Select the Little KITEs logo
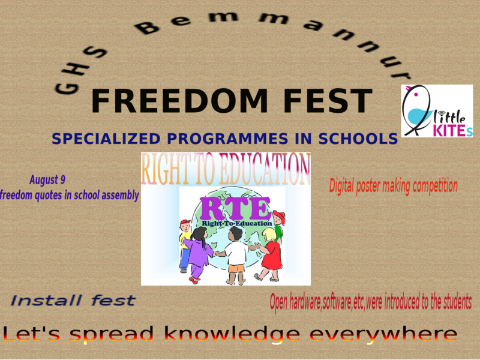pyautogui.click(x=437, y=111)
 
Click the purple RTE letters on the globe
pyautogui.click(x=236, y=209)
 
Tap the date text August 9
pyautogui.click(x=47, y=179)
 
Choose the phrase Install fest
pyautogui.click(x=73, y=300)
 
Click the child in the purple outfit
pyautogui.click(x=198, y=252)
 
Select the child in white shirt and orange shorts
pyautogui.click(x=236, y=255)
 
